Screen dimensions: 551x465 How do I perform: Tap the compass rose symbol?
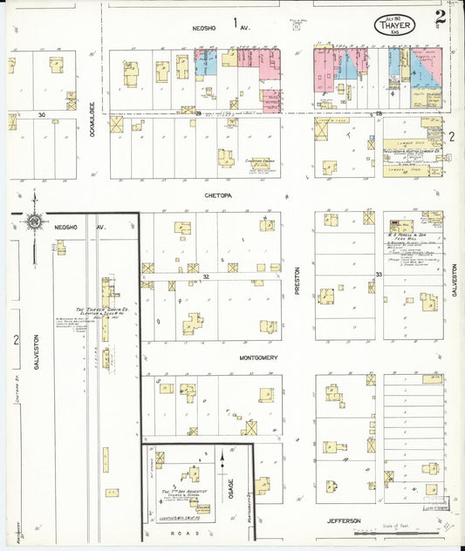[x=33, y=223]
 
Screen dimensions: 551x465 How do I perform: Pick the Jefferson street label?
[x=344, y=520]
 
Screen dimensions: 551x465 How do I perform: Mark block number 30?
[x=41, y=114]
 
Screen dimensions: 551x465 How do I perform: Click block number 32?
[x=206, y=275]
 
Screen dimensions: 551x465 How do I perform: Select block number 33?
[x=379, y=275]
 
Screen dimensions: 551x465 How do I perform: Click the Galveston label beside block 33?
[x=455, y=280]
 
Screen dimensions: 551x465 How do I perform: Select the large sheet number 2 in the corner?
[x=442, y=15]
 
